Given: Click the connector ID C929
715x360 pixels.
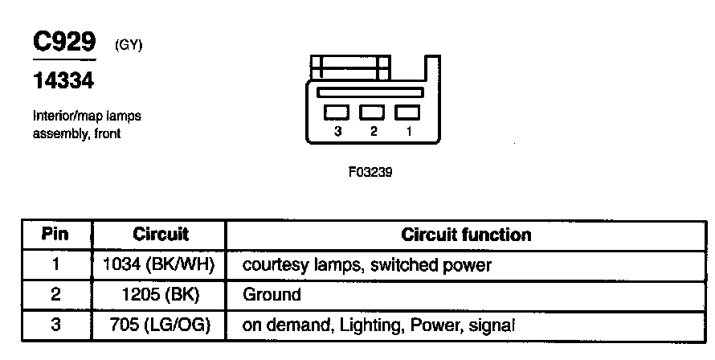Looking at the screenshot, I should [63, 43].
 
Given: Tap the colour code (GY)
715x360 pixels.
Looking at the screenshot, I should [129, 46].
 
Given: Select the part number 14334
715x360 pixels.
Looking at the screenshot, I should [63, 80].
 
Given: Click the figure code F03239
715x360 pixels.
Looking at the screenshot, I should [371, 172].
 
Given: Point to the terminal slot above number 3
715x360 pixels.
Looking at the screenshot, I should [336, 112].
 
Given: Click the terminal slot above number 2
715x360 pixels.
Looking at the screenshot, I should [372, 112].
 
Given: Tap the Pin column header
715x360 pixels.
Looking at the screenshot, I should [55, 235].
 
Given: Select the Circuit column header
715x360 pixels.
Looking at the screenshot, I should [160, 235].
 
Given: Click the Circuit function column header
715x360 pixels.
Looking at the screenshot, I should [466, 235].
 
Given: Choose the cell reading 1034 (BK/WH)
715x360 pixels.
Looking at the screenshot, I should [160, 264].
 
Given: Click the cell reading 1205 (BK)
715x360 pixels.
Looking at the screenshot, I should [160, 294].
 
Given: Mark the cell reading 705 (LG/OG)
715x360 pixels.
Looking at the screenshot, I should [160, 325].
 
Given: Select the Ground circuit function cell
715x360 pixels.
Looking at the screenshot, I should [272, 294].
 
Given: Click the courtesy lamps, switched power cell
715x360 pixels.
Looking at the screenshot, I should [366, 264].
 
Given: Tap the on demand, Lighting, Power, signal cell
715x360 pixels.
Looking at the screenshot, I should [378, 325].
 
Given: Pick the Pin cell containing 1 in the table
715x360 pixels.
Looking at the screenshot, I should [55, 264].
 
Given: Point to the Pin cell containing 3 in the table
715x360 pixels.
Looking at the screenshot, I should [55, 325].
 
